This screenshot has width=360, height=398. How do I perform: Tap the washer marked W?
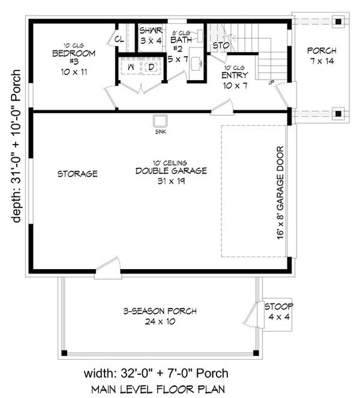[131, 68]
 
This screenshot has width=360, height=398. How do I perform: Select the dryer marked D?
[151, 68]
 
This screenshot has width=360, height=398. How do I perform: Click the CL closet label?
[118, 40]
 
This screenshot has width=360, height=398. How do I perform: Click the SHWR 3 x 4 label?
[150, 35]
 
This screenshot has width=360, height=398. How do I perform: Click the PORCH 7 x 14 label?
[322, 55]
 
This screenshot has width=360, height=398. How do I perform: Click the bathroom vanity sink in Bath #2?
[197, 63]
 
